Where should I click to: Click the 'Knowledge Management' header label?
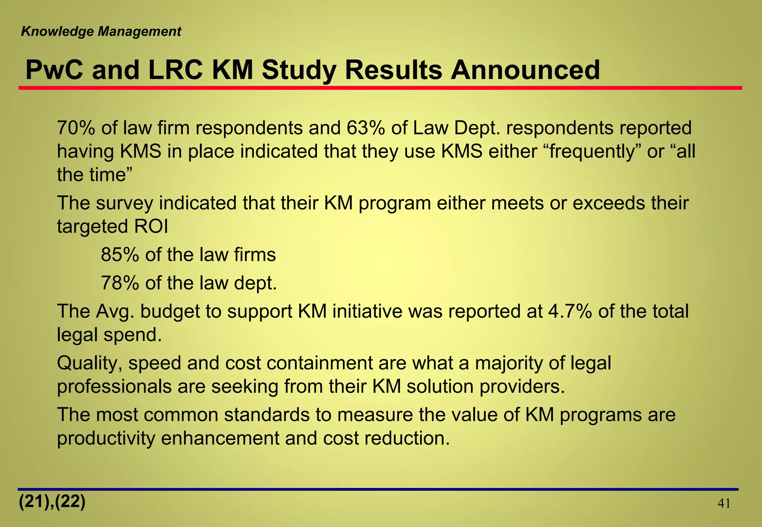101,32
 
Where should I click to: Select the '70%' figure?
76,128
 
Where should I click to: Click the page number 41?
724,504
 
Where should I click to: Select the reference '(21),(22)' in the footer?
52,502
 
